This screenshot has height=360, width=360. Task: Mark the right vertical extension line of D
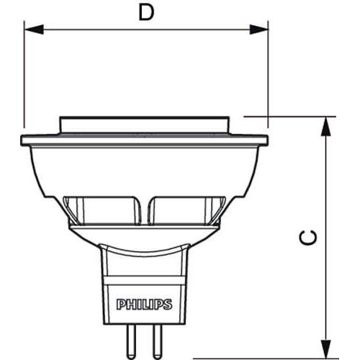coord(269,79)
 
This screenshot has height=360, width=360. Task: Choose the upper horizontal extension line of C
coord(288,115)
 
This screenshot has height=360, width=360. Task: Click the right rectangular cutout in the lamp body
coord(183,208)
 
